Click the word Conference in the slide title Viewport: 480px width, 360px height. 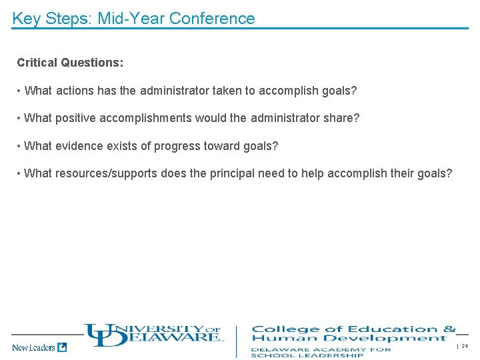pyautogui.click(x=212, y=19)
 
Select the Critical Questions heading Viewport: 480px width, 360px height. pyautogui.click(x=70, y=63)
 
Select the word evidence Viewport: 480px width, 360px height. pyautogui.click(x=80, y=146)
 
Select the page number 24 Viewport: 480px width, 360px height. pyautogui.click(x=465, y=346)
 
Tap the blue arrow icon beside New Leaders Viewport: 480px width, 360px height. pyautogui.click(x=62, y=347)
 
